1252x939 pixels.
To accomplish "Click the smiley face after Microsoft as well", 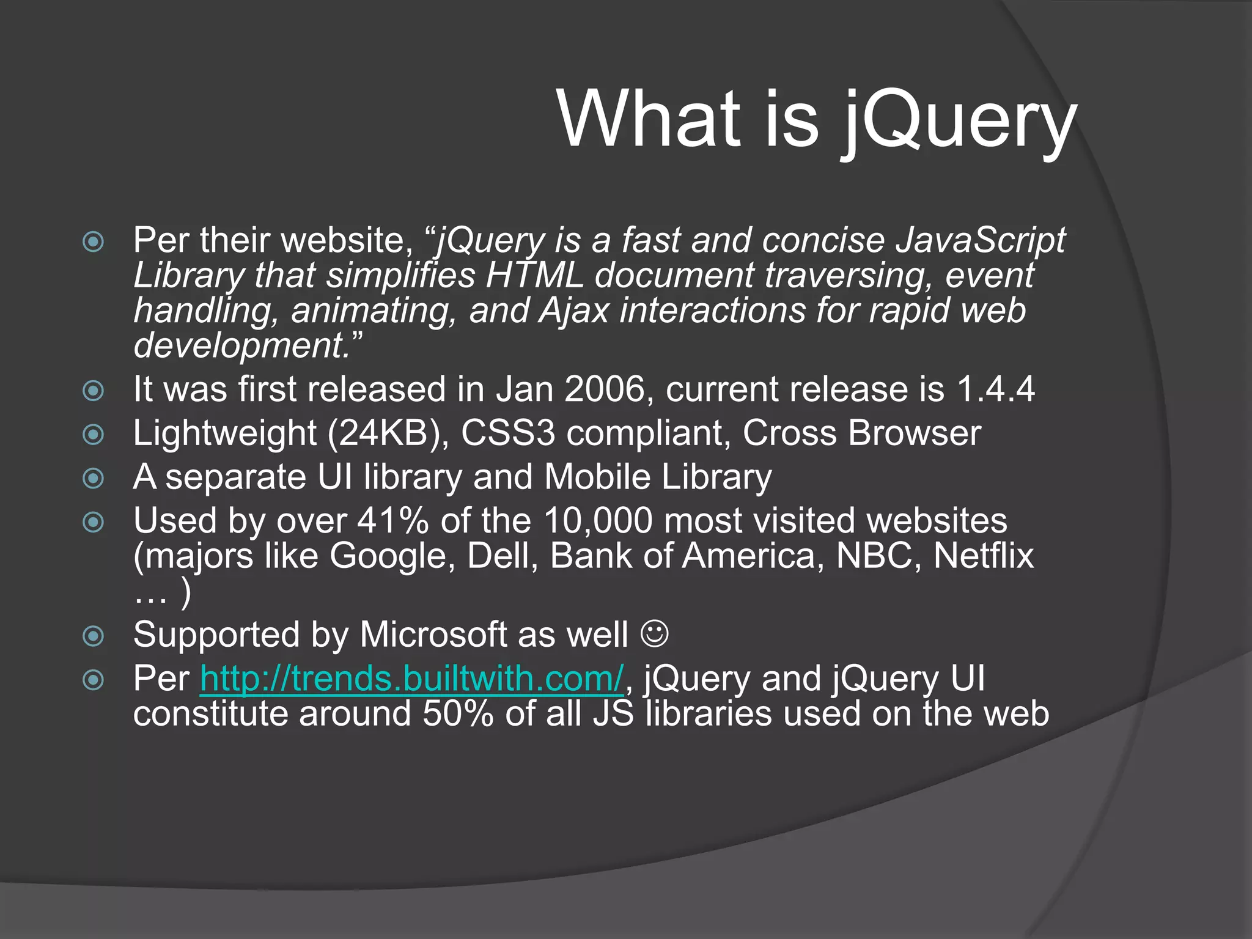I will [x=654, y=634].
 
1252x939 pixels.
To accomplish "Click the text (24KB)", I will [x=388, y=433].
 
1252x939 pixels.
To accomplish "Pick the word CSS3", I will [x=508, y=433].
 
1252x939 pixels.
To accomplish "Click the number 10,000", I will [x=597, y=521].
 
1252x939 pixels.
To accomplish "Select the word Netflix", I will [x=983, y=556].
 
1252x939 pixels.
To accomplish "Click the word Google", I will [x=392, y=556].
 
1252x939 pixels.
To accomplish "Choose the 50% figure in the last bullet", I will [x=458, y=713].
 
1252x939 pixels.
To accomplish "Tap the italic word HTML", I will [x=535, y=275].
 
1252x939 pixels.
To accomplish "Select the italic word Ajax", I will [x=573, y=310].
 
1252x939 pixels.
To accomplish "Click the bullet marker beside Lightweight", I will [x=93, y=435].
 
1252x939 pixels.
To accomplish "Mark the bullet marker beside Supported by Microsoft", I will [x=93, y=636].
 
